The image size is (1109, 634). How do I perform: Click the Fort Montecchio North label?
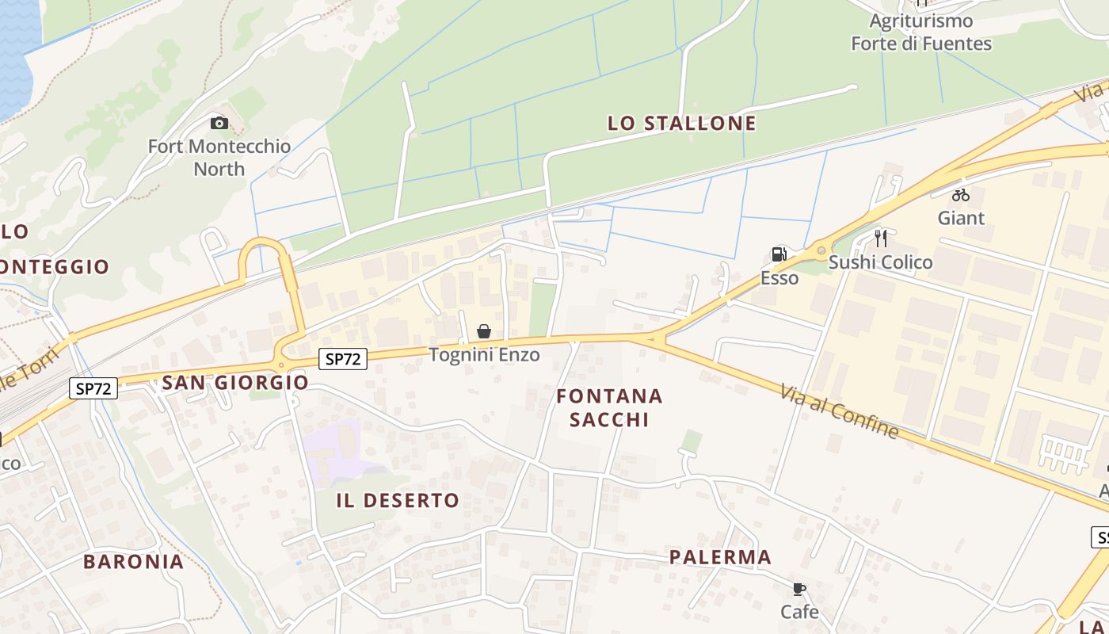click(219, 157)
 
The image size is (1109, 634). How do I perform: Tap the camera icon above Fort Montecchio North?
click(219, 123)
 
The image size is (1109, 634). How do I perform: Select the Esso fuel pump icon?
click(779, 254)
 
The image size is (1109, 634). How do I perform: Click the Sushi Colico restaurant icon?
click(881, 239)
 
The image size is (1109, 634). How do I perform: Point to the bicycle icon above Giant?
click(961, 194)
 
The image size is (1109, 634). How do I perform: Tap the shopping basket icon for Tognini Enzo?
click(484, 331)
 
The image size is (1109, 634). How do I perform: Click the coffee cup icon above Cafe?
click(799, 589)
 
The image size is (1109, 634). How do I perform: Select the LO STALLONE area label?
click(681, 123)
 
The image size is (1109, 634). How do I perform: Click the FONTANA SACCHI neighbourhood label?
click(609, 407)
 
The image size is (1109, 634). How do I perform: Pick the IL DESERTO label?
click(398, 500)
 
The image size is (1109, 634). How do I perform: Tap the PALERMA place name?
click(720, 556)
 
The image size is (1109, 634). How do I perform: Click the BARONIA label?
click(133, 561)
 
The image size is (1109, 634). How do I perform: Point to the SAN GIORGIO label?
click(235, 382)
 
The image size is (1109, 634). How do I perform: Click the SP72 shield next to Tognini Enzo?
click(344, 359)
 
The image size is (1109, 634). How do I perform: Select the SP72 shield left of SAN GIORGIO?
click(93, 388)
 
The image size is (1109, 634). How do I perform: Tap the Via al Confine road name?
click(840, 411)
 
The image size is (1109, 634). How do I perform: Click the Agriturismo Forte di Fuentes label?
click(921, 32)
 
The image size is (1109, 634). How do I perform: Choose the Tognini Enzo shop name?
click(484, 354)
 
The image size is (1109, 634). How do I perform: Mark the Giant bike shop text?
click(961, 217)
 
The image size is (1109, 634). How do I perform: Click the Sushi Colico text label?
click(881, 262)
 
